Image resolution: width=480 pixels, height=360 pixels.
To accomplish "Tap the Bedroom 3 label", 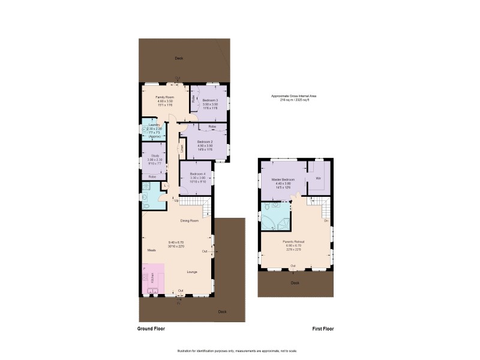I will click(210, 100).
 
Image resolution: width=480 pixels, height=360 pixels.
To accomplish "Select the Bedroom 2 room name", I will click(205, 142).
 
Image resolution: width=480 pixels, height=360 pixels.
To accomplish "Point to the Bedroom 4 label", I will click(198, 174).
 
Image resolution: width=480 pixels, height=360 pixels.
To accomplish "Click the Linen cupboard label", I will click(181, 148).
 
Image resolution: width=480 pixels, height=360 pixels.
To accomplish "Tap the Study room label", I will click(155, 155).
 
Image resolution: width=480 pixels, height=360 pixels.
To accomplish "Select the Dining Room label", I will click(190, 221).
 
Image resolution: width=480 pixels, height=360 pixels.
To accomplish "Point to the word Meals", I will click(152, 250).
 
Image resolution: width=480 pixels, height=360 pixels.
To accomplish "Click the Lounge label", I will click(192, 272).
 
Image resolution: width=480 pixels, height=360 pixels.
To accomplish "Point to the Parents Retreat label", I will click(295, 242).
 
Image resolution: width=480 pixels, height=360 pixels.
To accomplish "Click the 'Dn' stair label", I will click(326, 220).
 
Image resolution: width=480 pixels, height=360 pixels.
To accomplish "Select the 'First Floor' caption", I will click(322, 329).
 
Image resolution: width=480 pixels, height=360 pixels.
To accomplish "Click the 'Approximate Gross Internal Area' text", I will click(293, 96).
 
